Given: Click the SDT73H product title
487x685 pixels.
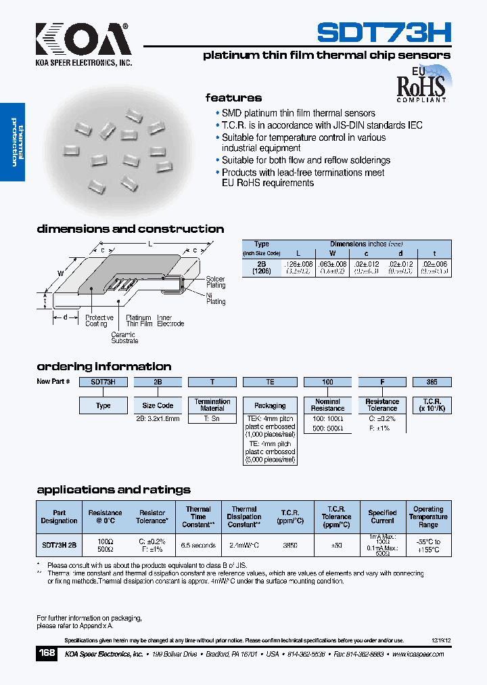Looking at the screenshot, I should click(384, 32).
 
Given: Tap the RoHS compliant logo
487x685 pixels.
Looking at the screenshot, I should click(421, 85).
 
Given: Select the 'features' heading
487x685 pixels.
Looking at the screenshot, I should click(233, 98).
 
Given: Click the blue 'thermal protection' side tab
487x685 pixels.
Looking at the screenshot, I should click(13, 142).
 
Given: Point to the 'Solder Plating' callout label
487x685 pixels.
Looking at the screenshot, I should click(216, 282).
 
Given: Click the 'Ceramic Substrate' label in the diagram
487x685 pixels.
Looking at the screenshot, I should click(123, 337).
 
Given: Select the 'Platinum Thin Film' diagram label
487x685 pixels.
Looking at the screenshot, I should click(139, 321).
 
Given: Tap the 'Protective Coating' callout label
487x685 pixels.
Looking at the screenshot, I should click(99, 321).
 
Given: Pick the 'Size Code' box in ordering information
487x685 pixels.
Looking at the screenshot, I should click(158, 405).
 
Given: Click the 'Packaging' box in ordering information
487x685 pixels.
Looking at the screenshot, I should click(270, 405).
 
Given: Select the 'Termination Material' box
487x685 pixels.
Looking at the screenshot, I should click(212, 405).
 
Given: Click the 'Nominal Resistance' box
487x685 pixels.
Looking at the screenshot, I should click(327, 405).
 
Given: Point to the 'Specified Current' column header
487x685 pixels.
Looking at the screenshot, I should click(382, 516).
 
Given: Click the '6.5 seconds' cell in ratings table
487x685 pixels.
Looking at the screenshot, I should click(198, 545).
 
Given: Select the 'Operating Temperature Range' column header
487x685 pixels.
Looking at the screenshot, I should click(428, 516).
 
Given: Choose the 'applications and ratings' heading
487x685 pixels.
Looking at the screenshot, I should click(114, 490).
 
